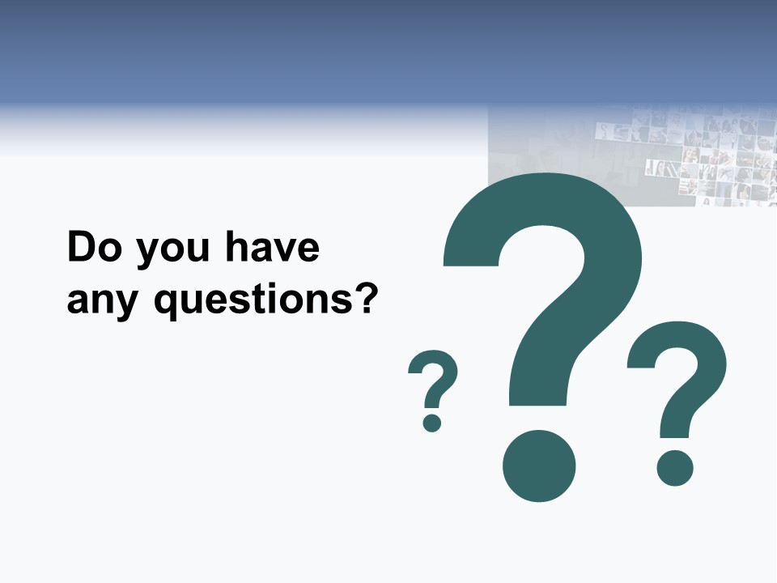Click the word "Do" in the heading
point(94,248)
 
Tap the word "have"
point(272,248)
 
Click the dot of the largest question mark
point(539,466)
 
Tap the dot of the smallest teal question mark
point(431,422)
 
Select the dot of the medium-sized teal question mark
point(674,467)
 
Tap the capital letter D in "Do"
point(82,248)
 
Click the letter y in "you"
point(145,253)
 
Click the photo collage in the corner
point(696,154)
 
